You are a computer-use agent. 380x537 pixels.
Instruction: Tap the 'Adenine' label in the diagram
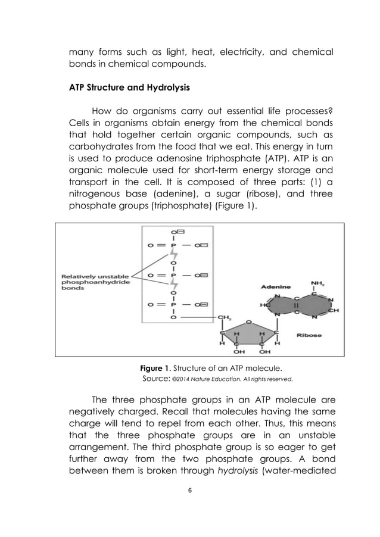[x=275, y=286]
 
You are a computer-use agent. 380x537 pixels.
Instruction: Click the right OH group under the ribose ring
[x=264, y=351]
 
